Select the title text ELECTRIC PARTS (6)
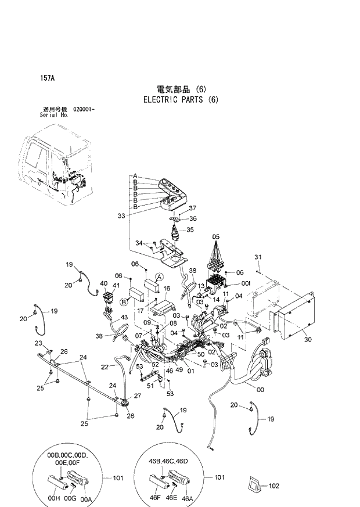pos(180,99)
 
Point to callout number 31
pos(259,257)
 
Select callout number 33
pos(121,215)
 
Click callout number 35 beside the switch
pos(190,230)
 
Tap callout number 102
pos(275,486)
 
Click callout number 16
pos(167,288)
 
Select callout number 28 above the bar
pos(64,351)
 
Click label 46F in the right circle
pos(155,498)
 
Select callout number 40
pos(104,283)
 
